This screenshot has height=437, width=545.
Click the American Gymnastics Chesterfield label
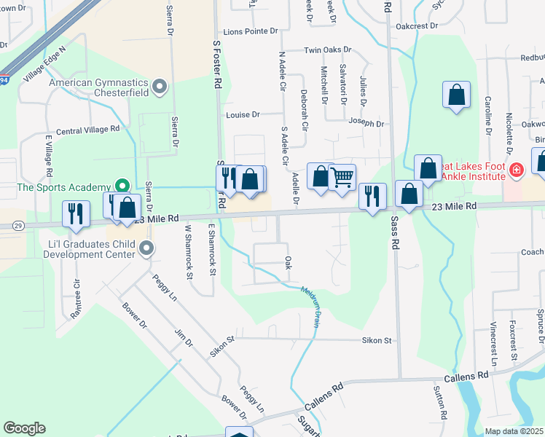click(99, 88)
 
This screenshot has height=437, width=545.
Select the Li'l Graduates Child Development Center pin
click(146, 249)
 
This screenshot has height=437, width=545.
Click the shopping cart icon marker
click(342, 177)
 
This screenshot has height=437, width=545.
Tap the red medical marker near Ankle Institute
click(517, 170)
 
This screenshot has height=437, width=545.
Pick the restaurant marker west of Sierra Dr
click(76, 213)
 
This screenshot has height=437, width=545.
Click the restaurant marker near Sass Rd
click(372, 195)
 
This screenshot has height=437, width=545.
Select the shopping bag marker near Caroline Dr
click(456, 94)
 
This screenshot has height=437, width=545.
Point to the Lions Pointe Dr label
click(251, 31)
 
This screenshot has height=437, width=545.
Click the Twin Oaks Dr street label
click(327, 51)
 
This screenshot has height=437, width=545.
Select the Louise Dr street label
click(243, 115)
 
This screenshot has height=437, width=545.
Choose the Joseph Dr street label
click(366, 123)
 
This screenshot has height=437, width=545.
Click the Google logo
click(24, 428)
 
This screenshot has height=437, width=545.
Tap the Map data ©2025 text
click(514, 431)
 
